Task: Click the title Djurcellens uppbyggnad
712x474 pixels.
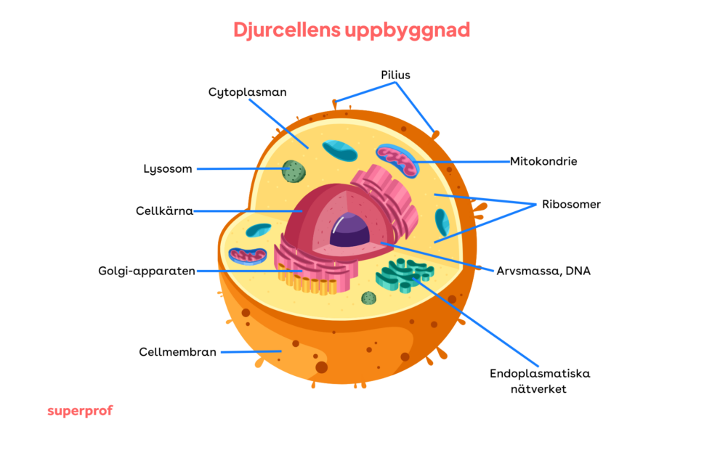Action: click(x=352, y=30)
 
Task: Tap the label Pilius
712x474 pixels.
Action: click(x=395, y=75)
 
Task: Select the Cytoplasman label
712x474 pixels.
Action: click(x=248, y=92)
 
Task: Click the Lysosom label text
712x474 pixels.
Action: click(x=168, y=169)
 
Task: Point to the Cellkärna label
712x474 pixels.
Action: click(x=164, y=211)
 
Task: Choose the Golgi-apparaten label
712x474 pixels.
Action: click(x=147, y=271)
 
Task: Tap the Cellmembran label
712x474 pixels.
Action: click(x=177, y=352)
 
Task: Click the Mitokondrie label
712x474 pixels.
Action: click(x=543, y=161)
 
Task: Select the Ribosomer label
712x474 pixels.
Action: click(x=571, y=205)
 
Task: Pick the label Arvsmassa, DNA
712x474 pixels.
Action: click(x=543, y=271)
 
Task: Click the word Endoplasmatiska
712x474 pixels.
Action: click(x=540, y=374)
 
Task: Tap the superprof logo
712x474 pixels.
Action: click(x=80, y=411)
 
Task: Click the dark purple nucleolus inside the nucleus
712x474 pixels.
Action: click(x=349, y=230)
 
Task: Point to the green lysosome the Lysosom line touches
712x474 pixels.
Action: click(x=294, y=171)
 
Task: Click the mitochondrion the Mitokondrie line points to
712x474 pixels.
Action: click(x=397, y=160)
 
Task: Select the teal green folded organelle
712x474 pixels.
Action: click(x=404, y=274)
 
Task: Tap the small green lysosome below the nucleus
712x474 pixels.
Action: click(x=369, y=298)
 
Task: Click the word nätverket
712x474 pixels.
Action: click(x=538, y=389)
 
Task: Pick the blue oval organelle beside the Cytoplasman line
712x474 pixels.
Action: click(x=340, y=151)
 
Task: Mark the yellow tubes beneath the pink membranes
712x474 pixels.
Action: click(x=307, y=282)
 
